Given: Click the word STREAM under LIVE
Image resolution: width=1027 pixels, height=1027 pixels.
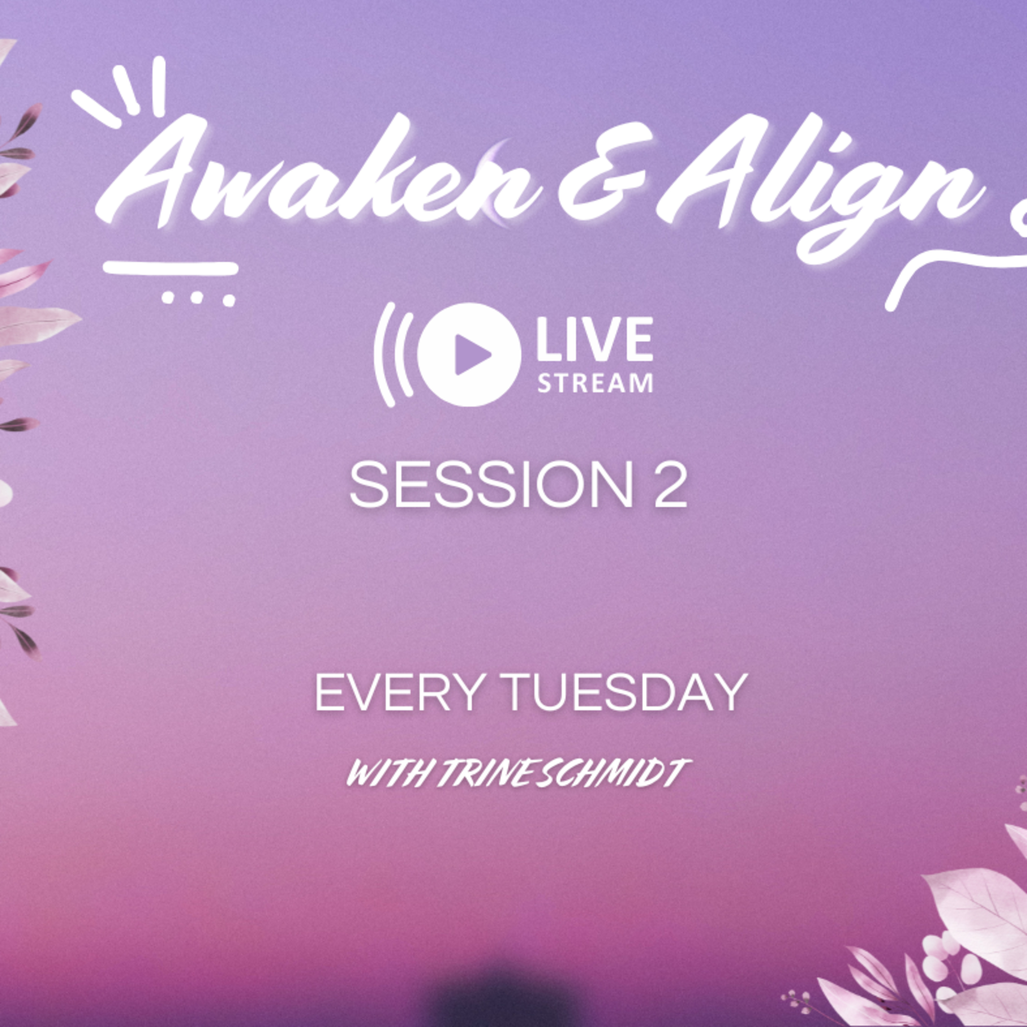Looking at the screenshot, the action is click(595, 383).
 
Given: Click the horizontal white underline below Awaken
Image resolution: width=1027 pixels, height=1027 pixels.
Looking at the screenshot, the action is click(170, 268).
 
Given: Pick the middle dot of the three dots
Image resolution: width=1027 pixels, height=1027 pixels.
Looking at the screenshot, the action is click(197, 298).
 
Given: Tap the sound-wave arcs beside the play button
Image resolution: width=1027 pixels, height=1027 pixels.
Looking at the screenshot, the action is click(393, 355).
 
